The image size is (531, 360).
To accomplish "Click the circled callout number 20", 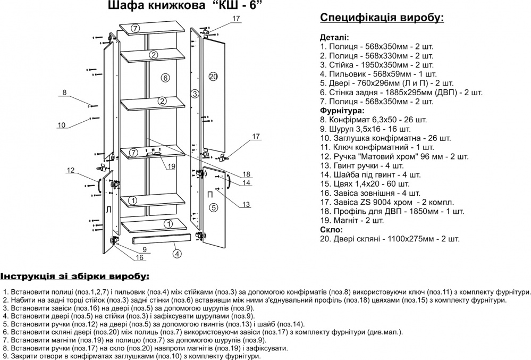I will click(213, 77).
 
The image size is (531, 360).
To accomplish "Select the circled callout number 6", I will click(165, 78).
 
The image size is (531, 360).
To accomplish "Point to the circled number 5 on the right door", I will click(213, 207).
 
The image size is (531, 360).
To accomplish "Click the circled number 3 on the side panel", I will click(195, 94).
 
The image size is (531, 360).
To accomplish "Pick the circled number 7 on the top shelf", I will click(136, 28).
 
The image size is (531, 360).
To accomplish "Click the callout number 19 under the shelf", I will click(171, 166).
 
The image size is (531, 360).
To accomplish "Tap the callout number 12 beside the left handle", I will click(70, 171).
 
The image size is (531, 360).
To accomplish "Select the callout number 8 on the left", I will click(64, 93).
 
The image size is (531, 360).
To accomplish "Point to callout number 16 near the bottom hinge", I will click(140, 258).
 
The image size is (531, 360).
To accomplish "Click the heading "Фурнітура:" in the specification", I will click(342, 110).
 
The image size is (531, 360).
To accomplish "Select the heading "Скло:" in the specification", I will click(331, 229).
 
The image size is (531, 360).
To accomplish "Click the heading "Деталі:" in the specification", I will click(335, 38).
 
